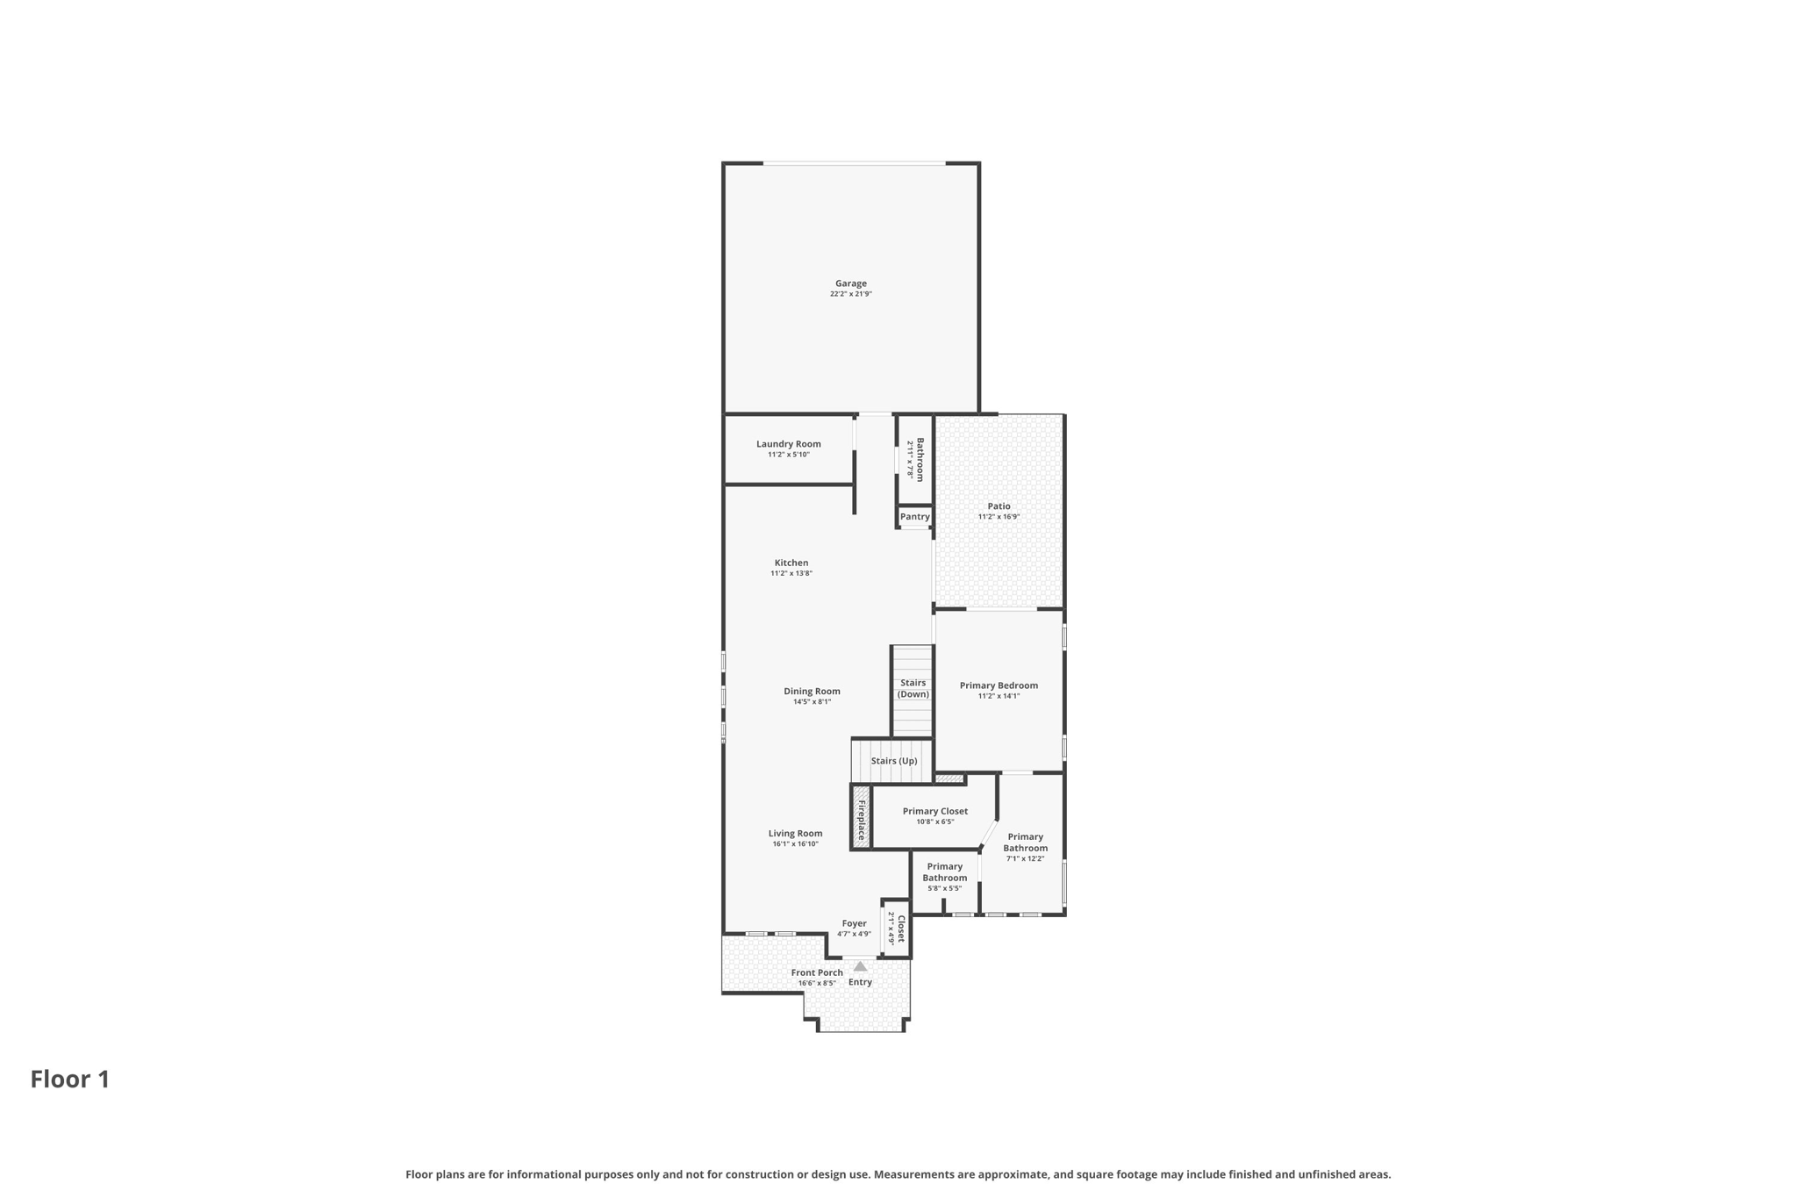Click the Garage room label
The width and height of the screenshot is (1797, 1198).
coord(850,283)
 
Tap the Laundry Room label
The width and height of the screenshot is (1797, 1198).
coord(788,444)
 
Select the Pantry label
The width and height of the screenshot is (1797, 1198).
coord(914,517)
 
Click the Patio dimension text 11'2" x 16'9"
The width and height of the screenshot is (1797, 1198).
coord(999,517)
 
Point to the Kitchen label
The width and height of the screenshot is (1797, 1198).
coord(791,563)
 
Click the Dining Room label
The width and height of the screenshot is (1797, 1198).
coord(812,691)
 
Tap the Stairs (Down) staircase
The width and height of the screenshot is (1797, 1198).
coord(913,690)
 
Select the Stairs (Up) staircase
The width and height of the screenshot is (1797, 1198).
coord(892,761)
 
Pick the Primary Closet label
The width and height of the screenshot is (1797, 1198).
coord(934,811)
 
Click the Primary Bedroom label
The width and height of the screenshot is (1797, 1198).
coord(999,685)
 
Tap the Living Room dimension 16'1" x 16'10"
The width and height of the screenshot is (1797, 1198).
coord(795,844)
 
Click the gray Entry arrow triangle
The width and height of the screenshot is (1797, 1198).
coord(860,966)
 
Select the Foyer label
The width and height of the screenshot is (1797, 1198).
coord(854,923)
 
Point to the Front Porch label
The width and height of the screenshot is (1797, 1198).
coord(817,972)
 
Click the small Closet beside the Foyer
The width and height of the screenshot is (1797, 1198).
coord(896,929)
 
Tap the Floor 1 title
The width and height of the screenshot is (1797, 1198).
coord(70,1080)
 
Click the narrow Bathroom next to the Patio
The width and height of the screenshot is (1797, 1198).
coord(915,459)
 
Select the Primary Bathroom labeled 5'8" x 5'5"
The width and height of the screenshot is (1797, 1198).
coord(944,877)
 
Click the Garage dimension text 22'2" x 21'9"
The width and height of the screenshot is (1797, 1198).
coord(850,294)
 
